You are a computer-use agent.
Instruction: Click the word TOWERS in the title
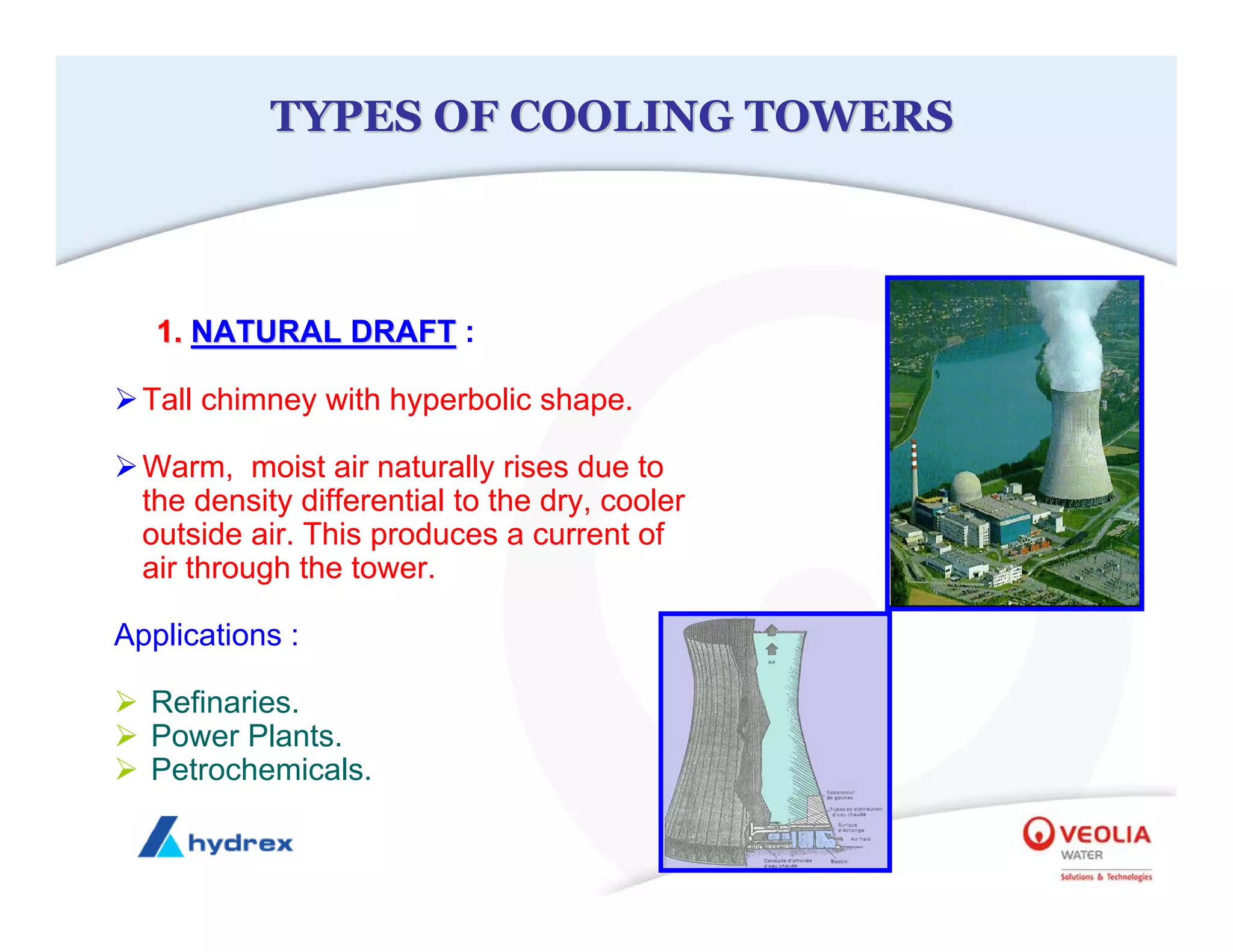849,116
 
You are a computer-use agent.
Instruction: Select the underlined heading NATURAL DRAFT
323,332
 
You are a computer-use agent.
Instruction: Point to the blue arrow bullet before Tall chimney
126,399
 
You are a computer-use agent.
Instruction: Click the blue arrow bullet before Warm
126,466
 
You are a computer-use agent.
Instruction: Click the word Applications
198,635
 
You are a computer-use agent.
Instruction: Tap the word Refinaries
225,702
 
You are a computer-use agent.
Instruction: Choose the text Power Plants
246,736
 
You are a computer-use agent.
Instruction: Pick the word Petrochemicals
261,770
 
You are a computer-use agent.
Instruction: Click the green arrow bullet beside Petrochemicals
126,769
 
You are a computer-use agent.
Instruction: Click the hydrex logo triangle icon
160,837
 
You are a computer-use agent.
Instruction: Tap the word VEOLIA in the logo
1105,835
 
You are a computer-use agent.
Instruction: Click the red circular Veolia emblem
1038,833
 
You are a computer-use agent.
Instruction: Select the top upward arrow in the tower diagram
771,630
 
